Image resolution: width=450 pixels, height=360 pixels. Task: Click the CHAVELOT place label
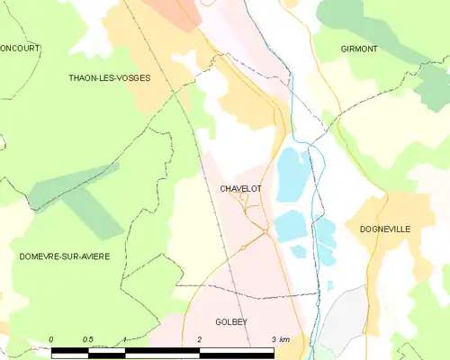(x=240, y=189)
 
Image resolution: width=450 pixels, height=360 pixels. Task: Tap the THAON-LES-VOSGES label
(x=109, y=78)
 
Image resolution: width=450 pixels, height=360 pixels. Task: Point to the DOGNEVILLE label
(x=384, y=229)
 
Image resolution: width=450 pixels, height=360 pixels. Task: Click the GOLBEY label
(x=231, y=321)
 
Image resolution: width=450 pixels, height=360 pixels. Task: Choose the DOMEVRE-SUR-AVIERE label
(x=64, y=257)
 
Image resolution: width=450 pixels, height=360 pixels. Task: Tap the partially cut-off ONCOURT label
(x=20, y=49)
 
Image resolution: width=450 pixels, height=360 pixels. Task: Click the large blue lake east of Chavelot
(x=290, y=175)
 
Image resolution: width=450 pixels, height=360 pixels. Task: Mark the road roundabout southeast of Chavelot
(x=265, y=232)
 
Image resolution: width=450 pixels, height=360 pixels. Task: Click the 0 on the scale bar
(x=51, y=338)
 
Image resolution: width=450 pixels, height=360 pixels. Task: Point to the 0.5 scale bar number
(x=88, y=338)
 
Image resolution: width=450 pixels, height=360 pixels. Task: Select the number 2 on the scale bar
(x=199, y=338)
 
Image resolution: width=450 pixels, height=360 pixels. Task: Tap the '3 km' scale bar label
(x=279, y=338)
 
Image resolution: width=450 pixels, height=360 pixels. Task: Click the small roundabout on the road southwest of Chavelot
(x=243, y=247)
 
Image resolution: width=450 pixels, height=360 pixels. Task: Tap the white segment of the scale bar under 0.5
(x=106, y=349)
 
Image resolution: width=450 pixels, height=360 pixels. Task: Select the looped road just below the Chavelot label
(x=243, y=199)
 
